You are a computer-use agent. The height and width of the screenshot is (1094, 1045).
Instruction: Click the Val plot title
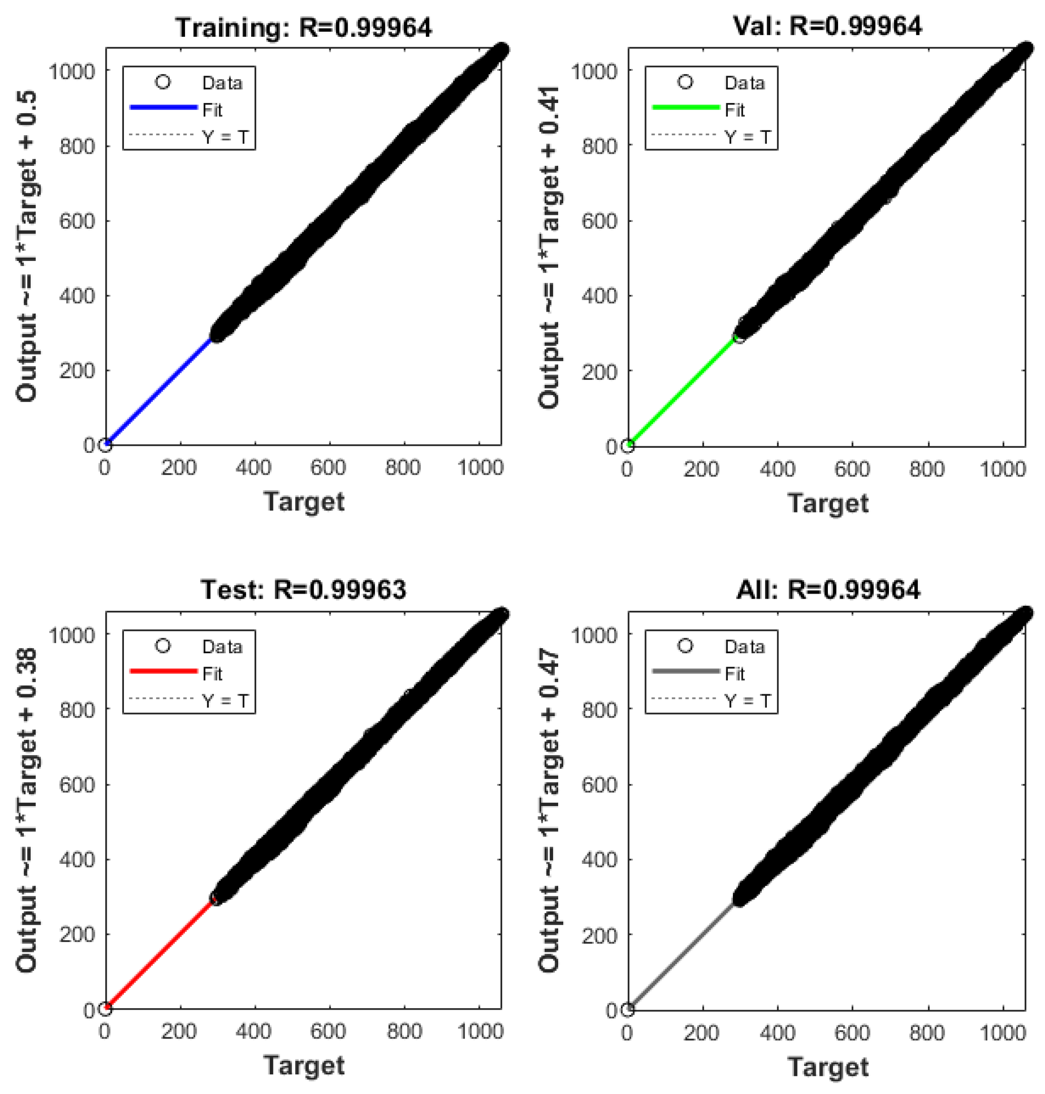[827, 26]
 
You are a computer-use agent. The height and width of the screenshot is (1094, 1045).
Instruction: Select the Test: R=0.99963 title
[304, 589]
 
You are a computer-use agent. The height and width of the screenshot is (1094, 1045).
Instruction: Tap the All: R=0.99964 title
[828, 589]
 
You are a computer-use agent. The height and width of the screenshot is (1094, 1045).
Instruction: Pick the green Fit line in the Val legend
[686, 108]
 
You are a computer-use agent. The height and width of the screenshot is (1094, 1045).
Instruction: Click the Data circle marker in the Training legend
[163, 82]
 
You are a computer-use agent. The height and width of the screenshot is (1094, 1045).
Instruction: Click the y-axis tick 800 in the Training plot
[77, 146]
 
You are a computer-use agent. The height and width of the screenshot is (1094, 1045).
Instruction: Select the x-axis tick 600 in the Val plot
[852, 469]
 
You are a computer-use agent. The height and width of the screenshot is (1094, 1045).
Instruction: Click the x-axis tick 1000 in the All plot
[1002, 1033]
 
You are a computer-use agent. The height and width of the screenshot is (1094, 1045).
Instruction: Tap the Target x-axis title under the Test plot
[304, 1065]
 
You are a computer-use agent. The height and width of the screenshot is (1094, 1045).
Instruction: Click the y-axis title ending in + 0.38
[26, 810]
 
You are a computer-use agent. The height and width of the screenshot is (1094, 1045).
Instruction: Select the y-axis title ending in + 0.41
[549, 248]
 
